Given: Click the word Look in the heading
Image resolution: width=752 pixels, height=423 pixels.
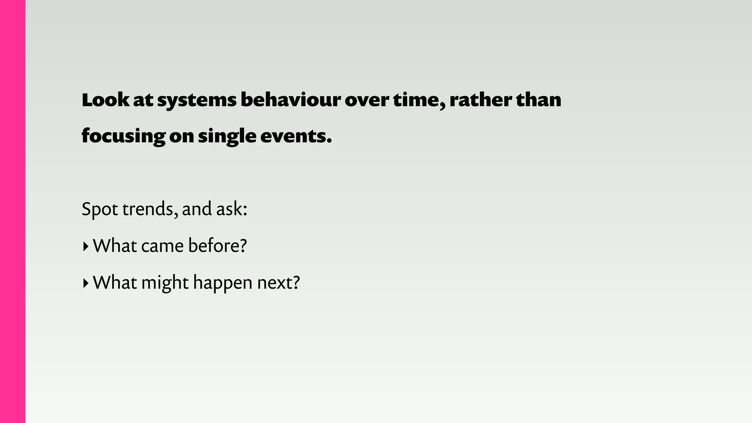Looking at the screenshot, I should (105, 100).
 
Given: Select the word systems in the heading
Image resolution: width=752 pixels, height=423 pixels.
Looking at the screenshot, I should (197, 101).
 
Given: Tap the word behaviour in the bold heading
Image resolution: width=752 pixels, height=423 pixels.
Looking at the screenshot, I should (290, 100).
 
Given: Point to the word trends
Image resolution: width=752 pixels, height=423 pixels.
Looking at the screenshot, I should (150, 209).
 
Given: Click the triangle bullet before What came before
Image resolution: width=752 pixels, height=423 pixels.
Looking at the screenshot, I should (86, 246).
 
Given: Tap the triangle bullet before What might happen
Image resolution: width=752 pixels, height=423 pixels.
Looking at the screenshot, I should (86, 283).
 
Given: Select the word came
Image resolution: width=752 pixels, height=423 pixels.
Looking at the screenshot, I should (162, 246).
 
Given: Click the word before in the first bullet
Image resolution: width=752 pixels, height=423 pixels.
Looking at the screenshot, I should (217, 246).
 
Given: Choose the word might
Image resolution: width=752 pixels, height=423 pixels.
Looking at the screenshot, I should (165, 283).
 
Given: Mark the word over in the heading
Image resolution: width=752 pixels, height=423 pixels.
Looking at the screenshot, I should (366, 100).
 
